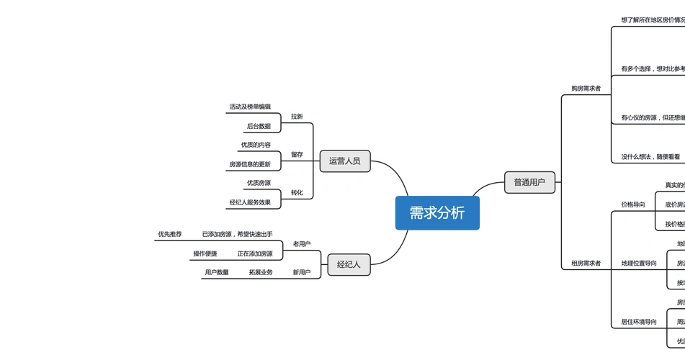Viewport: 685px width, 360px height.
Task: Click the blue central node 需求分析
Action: tap(437, 213)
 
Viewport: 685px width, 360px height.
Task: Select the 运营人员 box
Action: tap(345, 161)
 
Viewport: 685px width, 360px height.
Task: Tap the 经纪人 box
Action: tap(349, 264)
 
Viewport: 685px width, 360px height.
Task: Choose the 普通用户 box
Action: tap(529, 182)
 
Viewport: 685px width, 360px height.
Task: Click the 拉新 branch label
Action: tap(297, 117)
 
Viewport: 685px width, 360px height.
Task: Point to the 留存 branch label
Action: tap(297, 155)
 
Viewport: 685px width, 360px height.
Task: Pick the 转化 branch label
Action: tap(297, 193)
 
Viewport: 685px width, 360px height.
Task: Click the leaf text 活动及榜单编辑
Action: tap(250, 107)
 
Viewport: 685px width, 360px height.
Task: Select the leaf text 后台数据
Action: tap(259, 126)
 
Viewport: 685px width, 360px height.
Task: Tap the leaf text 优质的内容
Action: tap(256, 145)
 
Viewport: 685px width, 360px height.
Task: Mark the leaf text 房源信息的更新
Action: tap(250, 164)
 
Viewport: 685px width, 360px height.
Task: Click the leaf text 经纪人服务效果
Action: tap(250, 202)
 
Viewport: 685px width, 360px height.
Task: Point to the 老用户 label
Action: tap(302, 244)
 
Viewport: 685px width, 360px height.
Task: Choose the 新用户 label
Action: tap(302, 272)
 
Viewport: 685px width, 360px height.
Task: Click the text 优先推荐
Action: tap(170, 234)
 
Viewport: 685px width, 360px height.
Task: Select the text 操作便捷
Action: tap(205, 253)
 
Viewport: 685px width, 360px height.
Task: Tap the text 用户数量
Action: tap(217, 272)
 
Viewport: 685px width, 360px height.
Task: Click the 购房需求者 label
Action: tap(586, 89)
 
